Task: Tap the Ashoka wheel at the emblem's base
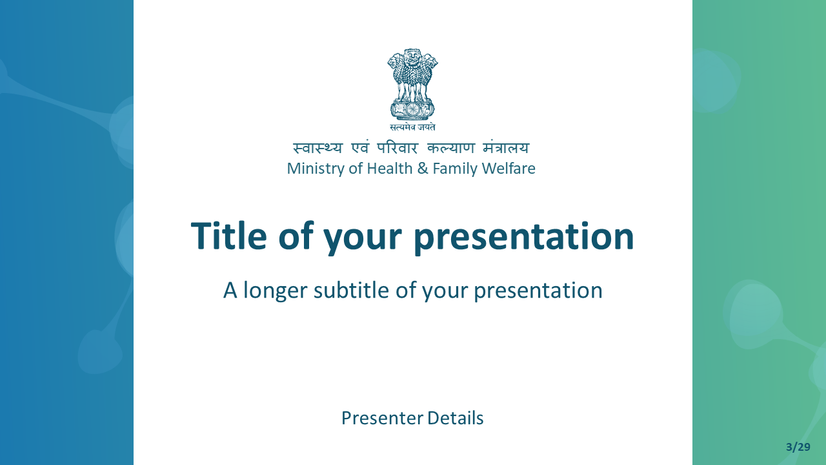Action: (412, 109)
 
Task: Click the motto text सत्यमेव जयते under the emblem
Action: (412, 127)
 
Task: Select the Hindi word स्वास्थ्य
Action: (317, 148)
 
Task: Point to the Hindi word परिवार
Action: (397, 148)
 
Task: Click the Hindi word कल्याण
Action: (450, 148)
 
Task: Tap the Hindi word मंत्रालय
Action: (506, 148)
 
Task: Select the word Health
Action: (389, 169)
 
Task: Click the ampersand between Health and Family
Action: (423, 169)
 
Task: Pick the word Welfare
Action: (509, 169)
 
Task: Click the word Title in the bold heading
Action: (228, 236)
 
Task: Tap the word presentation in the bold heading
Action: (524, 238)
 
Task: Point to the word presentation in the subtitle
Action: (538, 291)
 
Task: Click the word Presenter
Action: (382, 418)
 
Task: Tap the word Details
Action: (456, 418)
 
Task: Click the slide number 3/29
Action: (798, 447)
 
